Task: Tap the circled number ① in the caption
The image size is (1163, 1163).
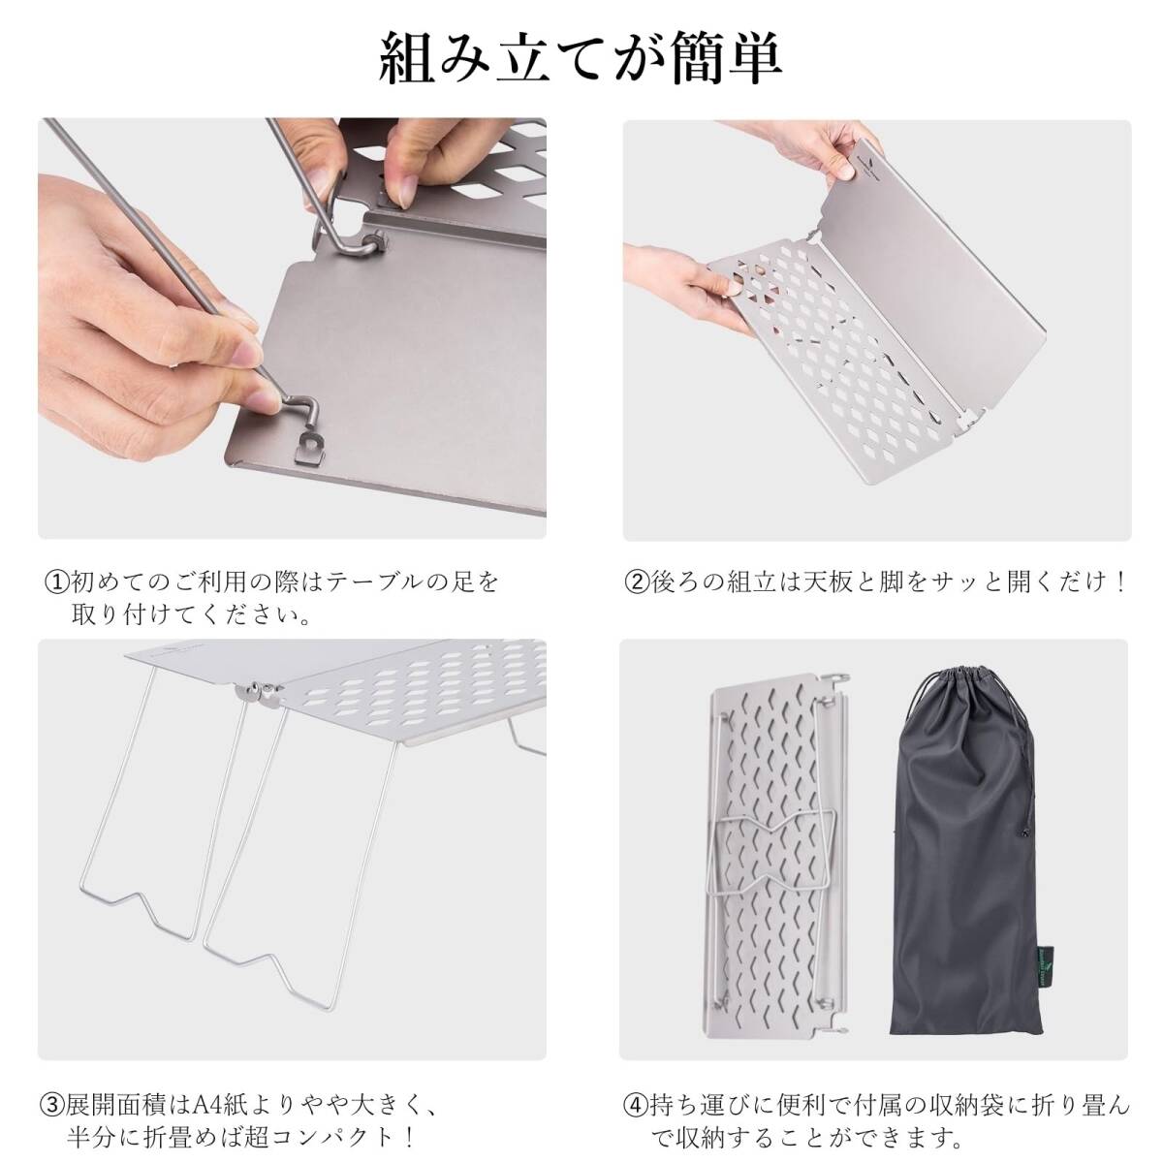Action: (x=56, y=582)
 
